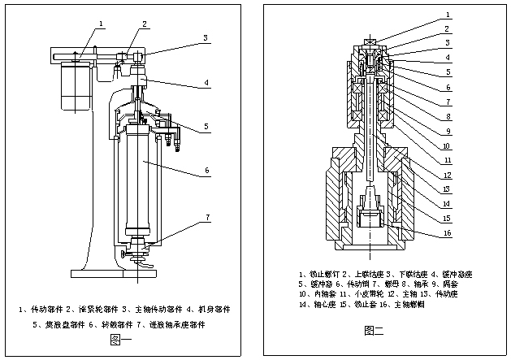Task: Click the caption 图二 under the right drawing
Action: [x=375, y=329]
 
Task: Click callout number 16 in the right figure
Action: [x=448, y=233]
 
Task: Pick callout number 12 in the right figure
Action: [x=448, y=174]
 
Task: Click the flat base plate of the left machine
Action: [x=134, y=271]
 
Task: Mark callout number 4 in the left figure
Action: [x=207, y=82]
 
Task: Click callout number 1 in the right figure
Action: [x=448, y=15]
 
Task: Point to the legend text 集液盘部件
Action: [x=62, y=324]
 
